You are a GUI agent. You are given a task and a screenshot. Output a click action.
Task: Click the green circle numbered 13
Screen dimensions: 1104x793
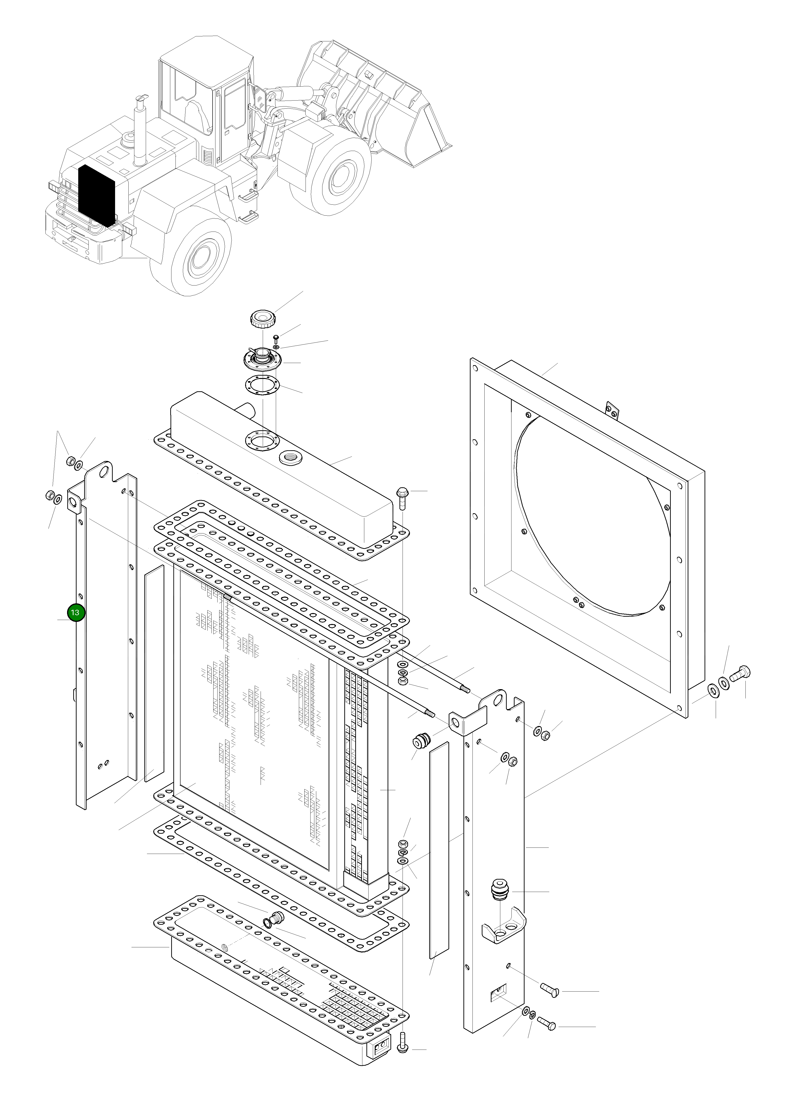click(x=75, y=612)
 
